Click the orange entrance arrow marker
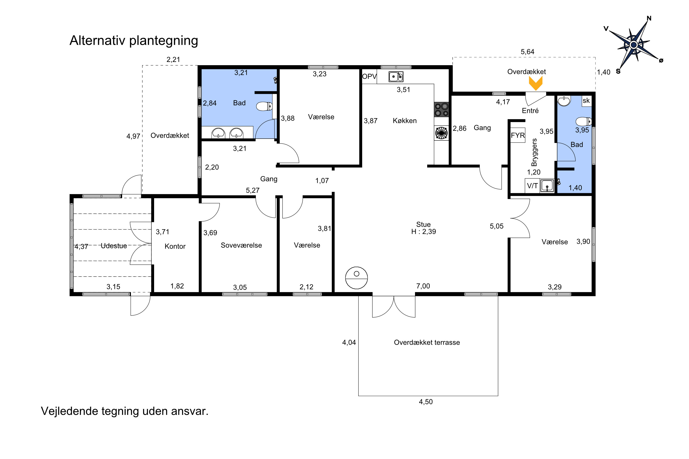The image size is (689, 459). pos(536,83)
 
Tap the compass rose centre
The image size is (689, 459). pos(634,45)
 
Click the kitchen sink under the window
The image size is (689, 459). pos(396,77)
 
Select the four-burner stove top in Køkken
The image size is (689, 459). pos(441,109)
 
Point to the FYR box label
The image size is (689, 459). pos(518,135)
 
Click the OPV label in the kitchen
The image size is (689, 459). pos(369,76)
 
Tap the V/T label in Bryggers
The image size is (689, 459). pos(532,186)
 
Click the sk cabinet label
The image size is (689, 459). pos(586,101)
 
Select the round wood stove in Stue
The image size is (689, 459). pos(356,278)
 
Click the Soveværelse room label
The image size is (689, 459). pos(241,245)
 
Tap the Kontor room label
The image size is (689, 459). pos(175,246)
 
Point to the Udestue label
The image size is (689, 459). pos(114,246)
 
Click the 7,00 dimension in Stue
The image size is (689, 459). pos(423,286)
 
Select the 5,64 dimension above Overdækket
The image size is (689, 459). pos(527,52)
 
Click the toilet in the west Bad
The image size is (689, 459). pos(264,106)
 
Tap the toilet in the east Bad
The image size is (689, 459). pos(584,121)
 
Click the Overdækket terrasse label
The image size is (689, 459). pos(427,342)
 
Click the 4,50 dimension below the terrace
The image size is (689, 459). pos(426,402)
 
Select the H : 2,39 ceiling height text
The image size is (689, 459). pos(423,232)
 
